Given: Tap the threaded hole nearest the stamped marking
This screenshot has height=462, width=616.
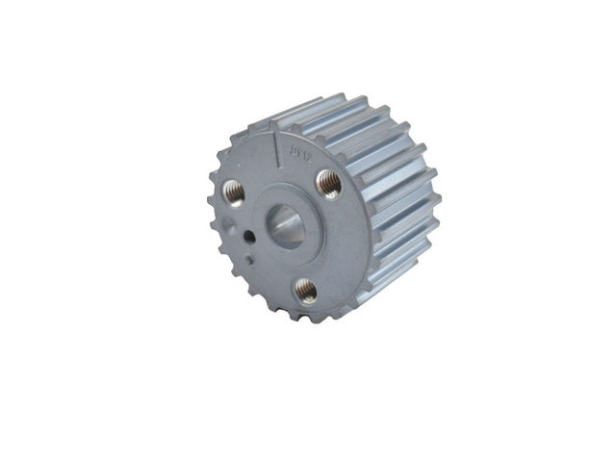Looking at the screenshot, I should point(329,181).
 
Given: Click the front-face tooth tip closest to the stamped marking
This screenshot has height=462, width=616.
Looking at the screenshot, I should point(308,122).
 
